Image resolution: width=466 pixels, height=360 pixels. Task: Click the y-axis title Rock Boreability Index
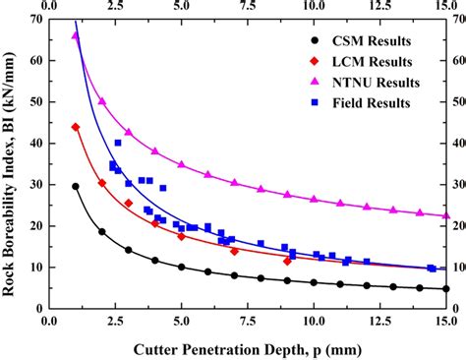coord(11,162)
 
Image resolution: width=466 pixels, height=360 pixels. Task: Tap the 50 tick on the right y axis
coord(456,101)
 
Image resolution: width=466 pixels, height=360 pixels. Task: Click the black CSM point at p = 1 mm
coord(76,186)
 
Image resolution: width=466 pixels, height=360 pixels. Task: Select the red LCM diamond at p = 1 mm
coord(76,127)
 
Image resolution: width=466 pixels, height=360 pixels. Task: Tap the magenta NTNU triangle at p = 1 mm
coord(76,36)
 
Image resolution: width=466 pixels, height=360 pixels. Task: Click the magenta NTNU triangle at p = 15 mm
coord(446,215)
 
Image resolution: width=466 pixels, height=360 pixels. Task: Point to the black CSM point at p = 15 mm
coord(446,288)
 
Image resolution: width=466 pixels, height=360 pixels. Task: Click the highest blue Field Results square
coord(118,143)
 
